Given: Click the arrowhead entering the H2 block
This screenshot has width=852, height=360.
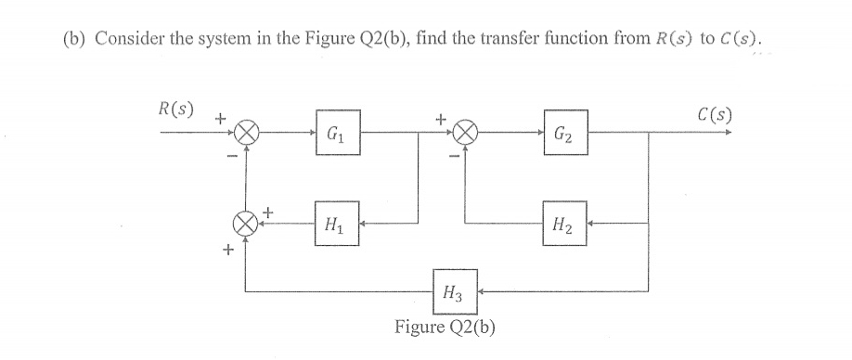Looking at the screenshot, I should (x=591, y=224).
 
